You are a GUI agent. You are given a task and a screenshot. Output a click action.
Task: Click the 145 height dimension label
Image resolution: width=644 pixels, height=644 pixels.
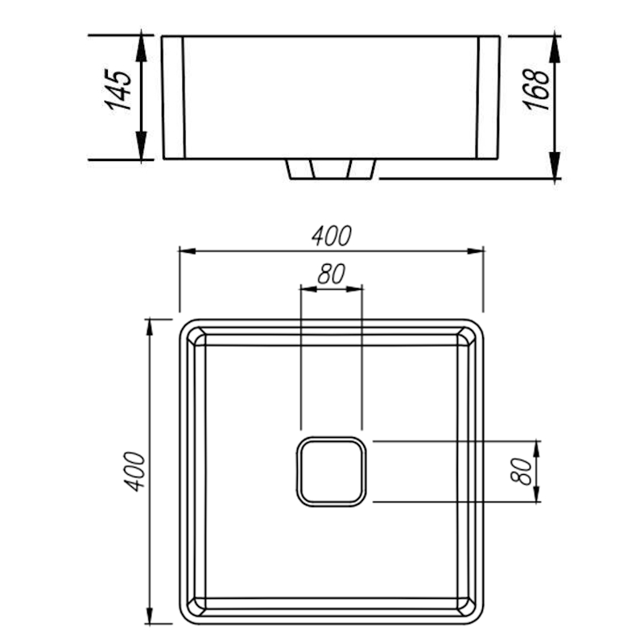click(118, 89)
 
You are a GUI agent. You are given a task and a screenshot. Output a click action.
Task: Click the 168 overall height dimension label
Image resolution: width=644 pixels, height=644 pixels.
click(536, 89)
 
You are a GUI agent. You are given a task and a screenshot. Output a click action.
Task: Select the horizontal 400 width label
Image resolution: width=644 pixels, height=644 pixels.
click(332, 236)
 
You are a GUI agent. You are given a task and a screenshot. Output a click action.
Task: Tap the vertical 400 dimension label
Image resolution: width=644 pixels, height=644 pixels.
click(134, 471)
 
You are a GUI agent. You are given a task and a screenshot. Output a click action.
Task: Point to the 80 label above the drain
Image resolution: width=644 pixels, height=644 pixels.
click(332, 274)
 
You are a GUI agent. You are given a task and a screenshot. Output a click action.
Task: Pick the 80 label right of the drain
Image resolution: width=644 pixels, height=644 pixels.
click(521, 471)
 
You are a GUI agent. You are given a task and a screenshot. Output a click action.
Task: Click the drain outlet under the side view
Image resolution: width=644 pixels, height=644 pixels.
click(331, 169)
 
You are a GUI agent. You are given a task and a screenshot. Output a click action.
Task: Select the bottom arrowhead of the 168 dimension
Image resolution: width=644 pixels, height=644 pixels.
click(555, 166)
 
